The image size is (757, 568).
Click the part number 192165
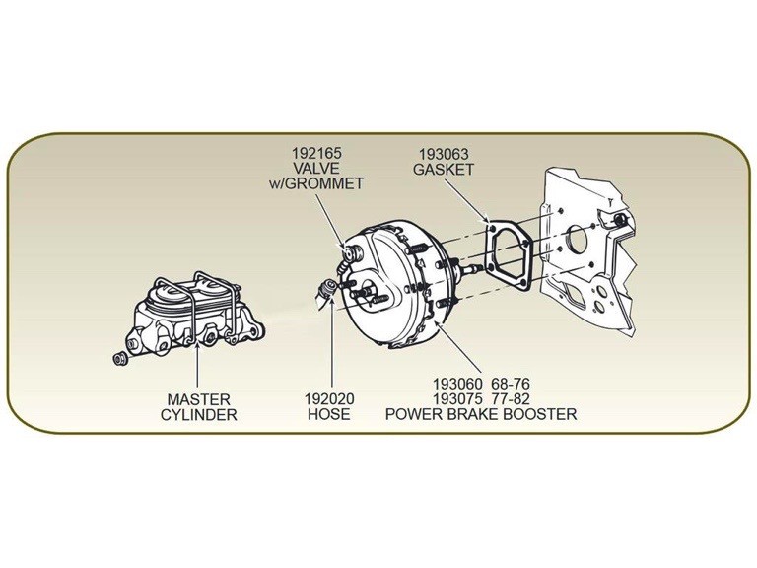pos(317,154)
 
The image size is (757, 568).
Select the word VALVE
pos(317,169)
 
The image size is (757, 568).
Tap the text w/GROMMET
pos(317,183)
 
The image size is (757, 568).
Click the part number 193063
pos(446,154)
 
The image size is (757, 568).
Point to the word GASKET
pos(446,169)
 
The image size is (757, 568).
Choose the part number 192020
pos(330,399)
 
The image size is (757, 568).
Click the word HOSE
pos(330,414)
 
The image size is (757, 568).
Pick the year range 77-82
pos(529,399)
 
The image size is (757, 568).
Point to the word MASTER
pos(198,399)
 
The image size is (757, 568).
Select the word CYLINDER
pos(198,414)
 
